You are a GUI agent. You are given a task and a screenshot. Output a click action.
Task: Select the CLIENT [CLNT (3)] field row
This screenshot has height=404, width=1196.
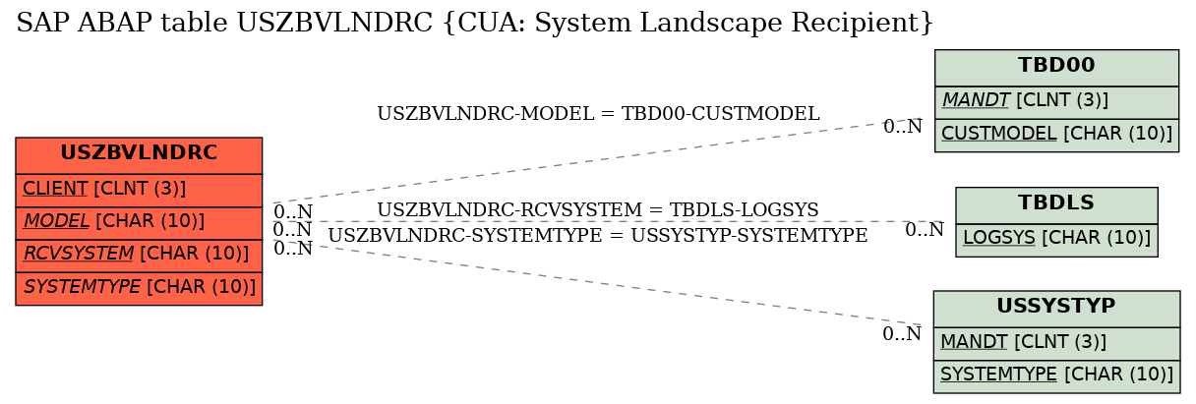[x=139, y=190]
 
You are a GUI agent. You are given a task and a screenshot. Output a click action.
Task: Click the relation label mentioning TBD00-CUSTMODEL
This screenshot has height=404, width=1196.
[x=598, y=114]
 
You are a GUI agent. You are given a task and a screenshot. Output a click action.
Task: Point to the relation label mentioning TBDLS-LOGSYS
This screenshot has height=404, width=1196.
[x=597, y=209]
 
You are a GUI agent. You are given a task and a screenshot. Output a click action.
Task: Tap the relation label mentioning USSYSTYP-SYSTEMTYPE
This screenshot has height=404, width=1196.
[x=597, y=235]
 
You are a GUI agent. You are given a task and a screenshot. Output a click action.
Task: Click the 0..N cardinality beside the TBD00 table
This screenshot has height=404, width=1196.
[x=903, y=127]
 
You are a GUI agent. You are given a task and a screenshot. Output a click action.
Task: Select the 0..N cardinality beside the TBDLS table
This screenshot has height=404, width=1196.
[x=925, y=229]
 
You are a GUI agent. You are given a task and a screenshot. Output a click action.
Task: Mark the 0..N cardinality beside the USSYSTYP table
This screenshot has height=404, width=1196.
[x=902, y=334]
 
